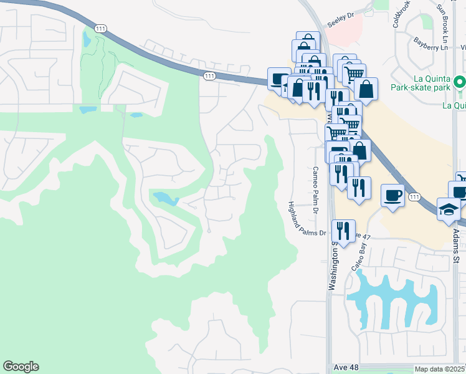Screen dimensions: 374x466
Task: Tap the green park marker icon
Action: coord(459,82)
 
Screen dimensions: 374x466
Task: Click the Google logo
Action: coord(21,367)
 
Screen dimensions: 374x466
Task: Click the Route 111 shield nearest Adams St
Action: coord(414,197)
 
